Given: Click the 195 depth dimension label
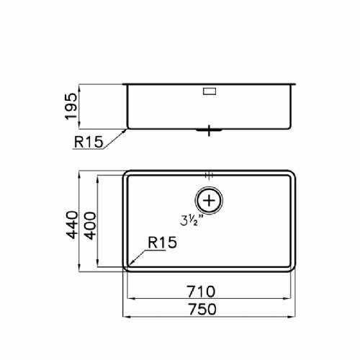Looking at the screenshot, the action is [71, 107].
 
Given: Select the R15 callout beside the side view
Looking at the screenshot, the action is [89, 142].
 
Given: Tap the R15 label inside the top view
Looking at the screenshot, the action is [162, 242].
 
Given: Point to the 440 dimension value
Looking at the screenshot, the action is [72, 225].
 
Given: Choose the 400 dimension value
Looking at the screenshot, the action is [91, 226].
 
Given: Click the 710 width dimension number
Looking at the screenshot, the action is [201, 292].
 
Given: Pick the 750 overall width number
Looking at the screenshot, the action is [202, 309].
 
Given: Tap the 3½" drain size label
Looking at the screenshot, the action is [189, 220].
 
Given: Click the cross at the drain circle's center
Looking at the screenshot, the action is [209, 200].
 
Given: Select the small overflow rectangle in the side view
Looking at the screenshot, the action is [210, 91].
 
